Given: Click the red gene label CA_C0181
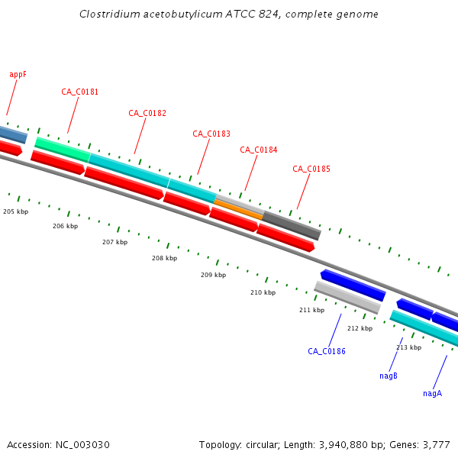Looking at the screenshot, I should [x=79, y=92].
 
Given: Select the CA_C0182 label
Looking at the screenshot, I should [x=147, y=113].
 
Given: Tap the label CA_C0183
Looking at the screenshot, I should [x=211, y=134].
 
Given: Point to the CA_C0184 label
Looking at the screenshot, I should [x=259, y=150].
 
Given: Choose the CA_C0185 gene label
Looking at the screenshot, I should [x=311, y=169].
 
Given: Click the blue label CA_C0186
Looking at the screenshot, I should [x=327, y=351].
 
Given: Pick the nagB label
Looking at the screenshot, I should [x=389, y=376].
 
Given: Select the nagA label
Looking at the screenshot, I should [x=432, y=393].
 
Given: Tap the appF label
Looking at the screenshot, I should [x=18, y=74].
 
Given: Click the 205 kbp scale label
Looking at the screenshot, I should [x=15, y=211].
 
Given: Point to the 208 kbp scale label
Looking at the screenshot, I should [x=164, y=258].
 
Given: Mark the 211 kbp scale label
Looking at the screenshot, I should [x=311, y=310].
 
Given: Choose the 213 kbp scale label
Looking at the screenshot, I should [x=408, y=347].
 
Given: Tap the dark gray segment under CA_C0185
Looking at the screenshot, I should [x=292, y=224].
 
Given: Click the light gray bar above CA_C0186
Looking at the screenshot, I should [x=347, y=297].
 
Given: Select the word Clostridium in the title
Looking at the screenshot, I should [x=107, y=15].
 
